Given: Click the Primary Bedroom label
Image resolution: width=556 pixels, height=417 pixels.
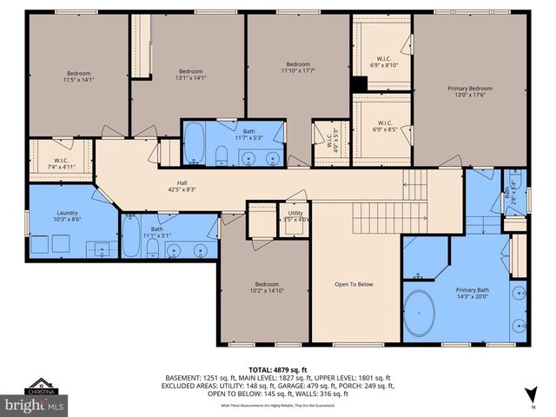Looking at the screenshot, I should coord(469,92).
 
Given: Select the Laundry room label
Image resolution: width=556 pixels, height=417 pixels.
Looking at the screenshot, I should coord(67,216).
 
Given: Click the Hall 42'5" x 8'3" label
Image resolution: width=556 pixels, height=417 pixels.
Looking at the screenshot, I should coord(182,186).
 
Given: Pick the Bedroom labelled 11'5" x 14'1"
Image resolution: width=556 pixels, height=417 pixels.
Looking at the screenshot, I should coord(79,77).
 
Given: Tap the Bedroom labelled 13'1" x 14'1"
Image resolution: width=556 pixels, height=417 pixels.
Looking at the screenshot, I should coord(190,75).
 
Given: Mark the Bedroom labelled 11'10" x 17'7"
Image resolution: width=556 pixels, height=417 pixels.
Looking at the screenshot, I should coord(298,68).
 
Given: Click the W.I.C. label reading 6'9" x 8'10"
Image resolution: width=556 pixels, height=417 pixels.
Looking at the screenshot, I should coord(383,62).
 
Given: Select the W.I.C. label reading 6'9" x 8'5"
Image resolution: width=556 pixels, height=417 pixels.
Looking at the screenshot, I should coord(383,126).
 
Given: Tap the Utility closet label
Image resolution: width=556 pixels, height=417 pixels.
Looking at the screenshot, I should coord(295,215).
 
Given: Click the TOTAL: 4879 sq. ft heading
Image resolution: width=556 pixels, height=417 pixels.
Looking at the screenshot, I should coord(278,370).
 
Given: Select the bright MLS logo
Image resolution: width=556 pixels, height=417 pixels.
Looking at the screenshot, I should coord(35,406).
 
